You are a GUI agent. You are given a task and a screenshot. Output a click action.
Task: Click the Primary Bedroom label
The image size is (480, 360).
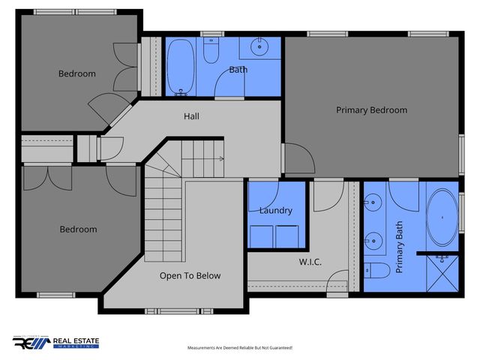pyautogui.click(x=371, y=110)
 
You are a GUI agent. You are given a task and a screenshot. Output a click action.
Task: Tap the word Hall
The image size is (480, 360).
pyautogui.click(x=191, y=116)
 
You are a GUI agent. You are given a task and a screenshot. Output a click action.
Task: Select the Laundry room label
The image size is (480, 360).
pyautogui.click(x=275, y=211)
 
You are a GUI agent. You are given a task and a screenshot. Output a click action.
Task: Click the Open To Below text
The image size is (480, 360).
pyautogui.click(x=190, y=276)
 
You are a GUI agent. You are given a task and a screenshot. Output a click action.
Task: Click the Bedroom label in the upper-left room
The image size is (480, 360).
pyautogui.click(x=77, y=73)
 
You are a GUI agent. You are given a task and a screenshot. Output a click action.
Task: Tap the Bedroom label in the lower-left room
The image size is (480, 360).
pyautogui.click(x=78, y=229)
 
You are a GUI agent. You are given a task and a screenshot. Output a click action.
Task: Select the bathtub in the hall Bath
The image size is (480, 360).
pyautogui.click(x=181, y=67)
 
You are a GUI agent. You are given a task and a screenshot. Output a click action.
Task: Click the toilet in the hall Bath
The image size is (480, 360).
pyautogui.click(x=212, y=52)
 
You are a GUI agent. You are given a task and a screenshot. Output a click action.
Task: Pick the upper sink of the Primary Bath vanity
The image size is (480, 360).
pyautogui.click(x=373, y=202)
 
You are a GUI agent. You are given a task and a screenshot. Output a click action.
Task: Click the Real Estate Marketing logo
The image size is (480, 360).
pyautogui.click(x=56, y=343)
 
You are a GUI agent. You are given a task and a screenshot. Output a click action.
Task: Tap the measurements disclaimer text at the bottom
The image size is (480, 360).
pyautogui.click(x=239, y=348)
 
